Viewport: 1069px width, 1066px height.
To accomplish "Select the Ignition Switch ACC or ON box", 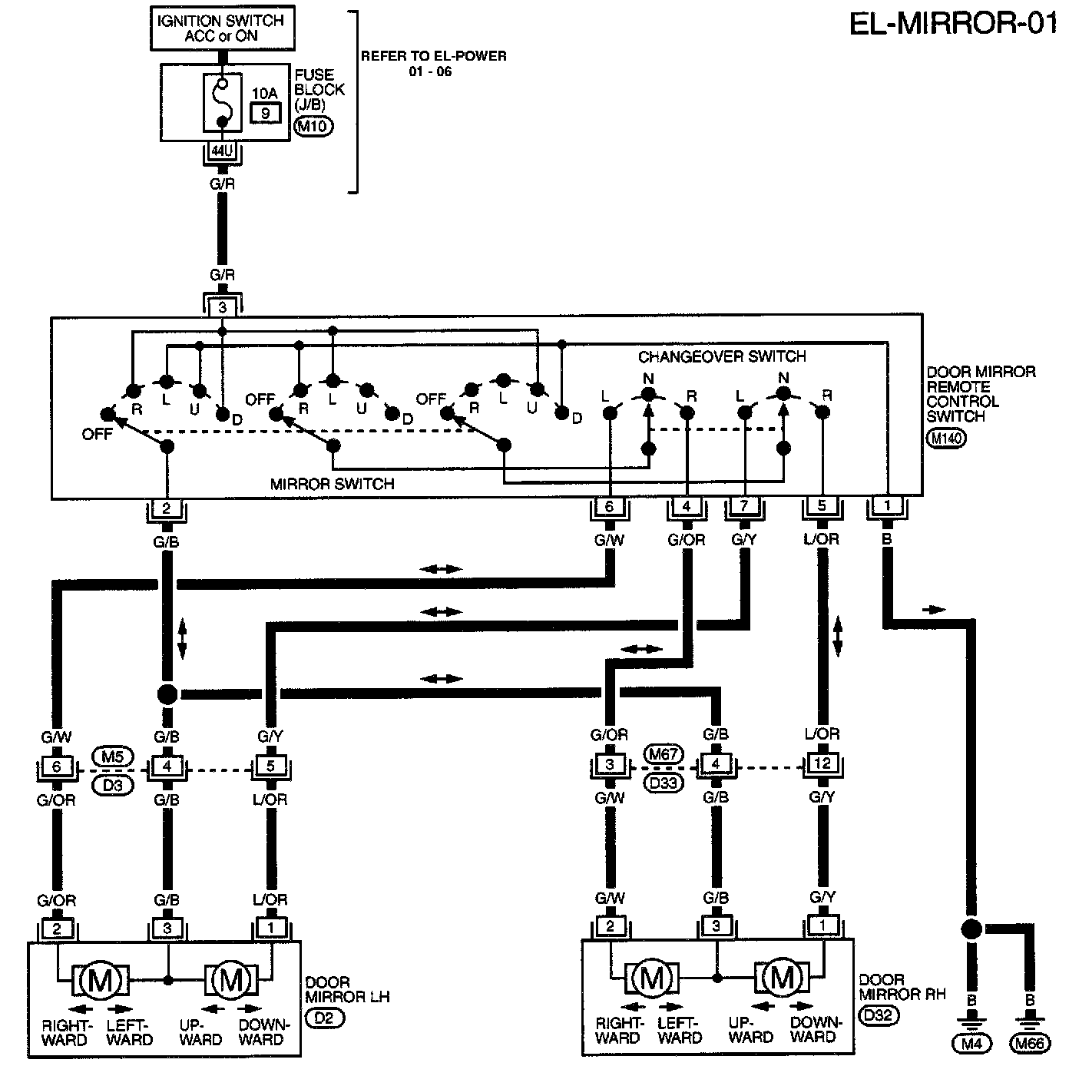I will (x=220, y=29).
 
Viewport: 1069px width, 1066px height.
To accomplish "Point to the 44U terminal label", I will (x=222, y=151).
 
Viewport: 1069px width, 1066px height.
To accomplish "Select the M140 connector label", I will (x=947, y=439).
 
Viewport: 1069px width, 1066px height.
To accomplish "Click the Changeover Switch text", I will (x=722, y=356).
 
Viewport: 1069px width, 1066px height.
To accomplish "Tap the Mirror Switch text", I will (x=333, y=484).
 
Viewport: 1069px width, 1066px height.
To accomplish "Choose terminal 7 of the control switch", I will (x=744, y=507).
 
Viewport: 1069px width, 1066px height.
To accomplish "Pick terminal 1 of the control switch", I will (x=887, y=507).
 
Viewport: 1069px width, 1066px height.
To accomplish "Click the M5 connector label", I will (x=112, y=756).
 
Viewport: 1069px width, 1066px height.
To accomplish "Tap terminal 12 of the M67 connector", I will (x=822, y=764).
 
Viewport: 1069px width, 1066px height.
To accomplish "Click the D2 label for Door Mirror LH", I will (x=325, y=1018).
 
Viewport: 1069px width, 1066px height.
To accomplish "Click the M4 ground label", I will (x=972, y=1044).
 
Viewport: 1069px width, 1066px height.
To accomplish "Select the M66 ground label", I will (x=1031, y=1044).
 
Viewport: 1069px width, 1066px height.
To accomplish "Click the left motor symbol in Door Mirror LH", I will (x=101, y=979).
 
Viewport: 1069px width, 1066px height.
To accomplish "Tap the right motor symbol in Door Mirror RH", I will (x=783, y=978).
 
